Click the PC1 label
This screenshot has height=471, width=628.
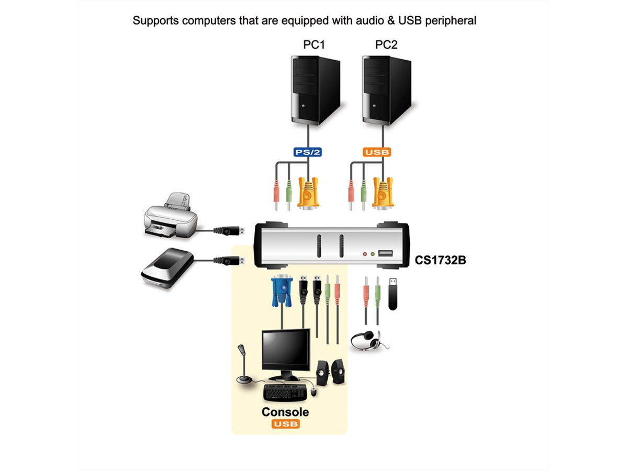point(314,44)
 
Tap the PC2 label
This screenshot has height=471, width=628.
point(386,44)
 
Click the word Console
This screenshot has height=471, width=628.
point(285,412)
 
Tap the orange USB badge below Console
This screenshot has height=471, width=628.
point(285,423)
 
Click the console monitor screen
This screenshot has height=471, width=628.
point(286,350)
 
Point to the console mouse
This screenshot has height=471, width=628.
point(313,391)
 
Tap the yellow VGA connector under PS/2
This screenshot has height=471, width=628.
point(308,193)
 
